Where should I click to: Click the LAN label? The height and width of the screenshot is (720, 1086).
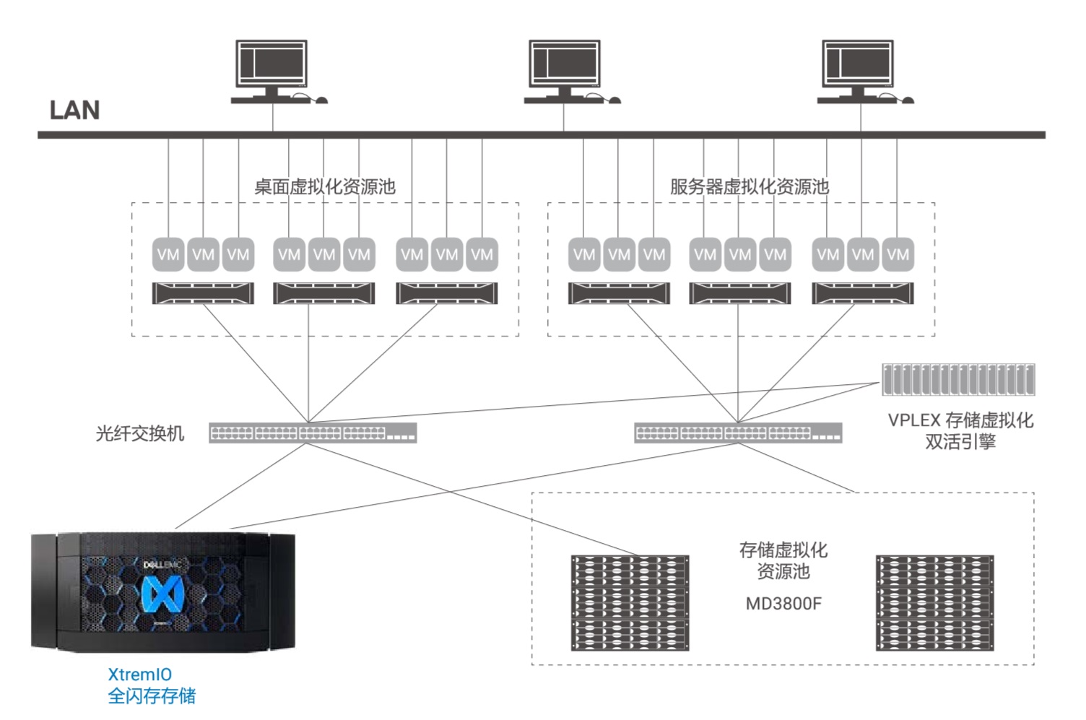74,110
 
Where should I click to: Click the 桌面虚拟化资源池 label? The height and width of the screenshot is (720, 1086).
325,187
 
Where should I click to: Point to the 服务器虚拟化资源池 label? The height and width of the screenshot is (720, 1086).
749,187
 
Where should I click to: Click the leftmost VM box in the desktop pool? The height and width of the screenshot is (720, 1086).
168,254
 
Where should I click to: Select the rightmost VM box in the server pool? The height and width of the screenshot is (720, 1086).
898,254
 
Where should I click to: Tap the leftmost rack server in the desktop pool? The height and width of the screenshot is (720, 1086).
203,293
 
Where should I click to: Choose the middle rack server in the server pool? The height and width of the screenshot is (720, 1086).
739,293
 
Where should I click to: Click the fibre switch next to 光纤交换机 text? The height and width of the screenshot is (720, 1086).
313,433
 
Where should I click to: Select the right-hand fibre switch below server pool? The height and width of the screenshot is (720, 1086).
738,433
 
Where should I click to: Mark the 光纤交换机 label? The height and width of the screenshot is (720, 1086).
140,433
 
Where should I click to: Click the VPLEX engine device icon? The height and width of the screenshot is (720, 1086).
958,379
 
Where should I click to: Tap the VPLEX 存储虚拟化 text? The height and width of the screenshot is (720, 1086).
960,420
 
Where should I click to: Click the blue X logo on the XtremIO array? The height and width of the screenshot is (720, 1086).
162,594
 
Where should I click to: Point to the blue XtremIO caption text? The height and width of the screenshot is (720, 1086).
140,675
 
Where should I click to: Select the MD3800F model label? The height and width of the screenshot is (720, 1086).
783,604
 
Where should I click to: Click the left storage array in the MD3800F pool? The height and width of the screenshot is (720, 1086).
630,602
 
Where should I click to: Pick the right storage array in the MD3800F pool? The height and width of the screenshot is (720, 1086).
934,602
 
